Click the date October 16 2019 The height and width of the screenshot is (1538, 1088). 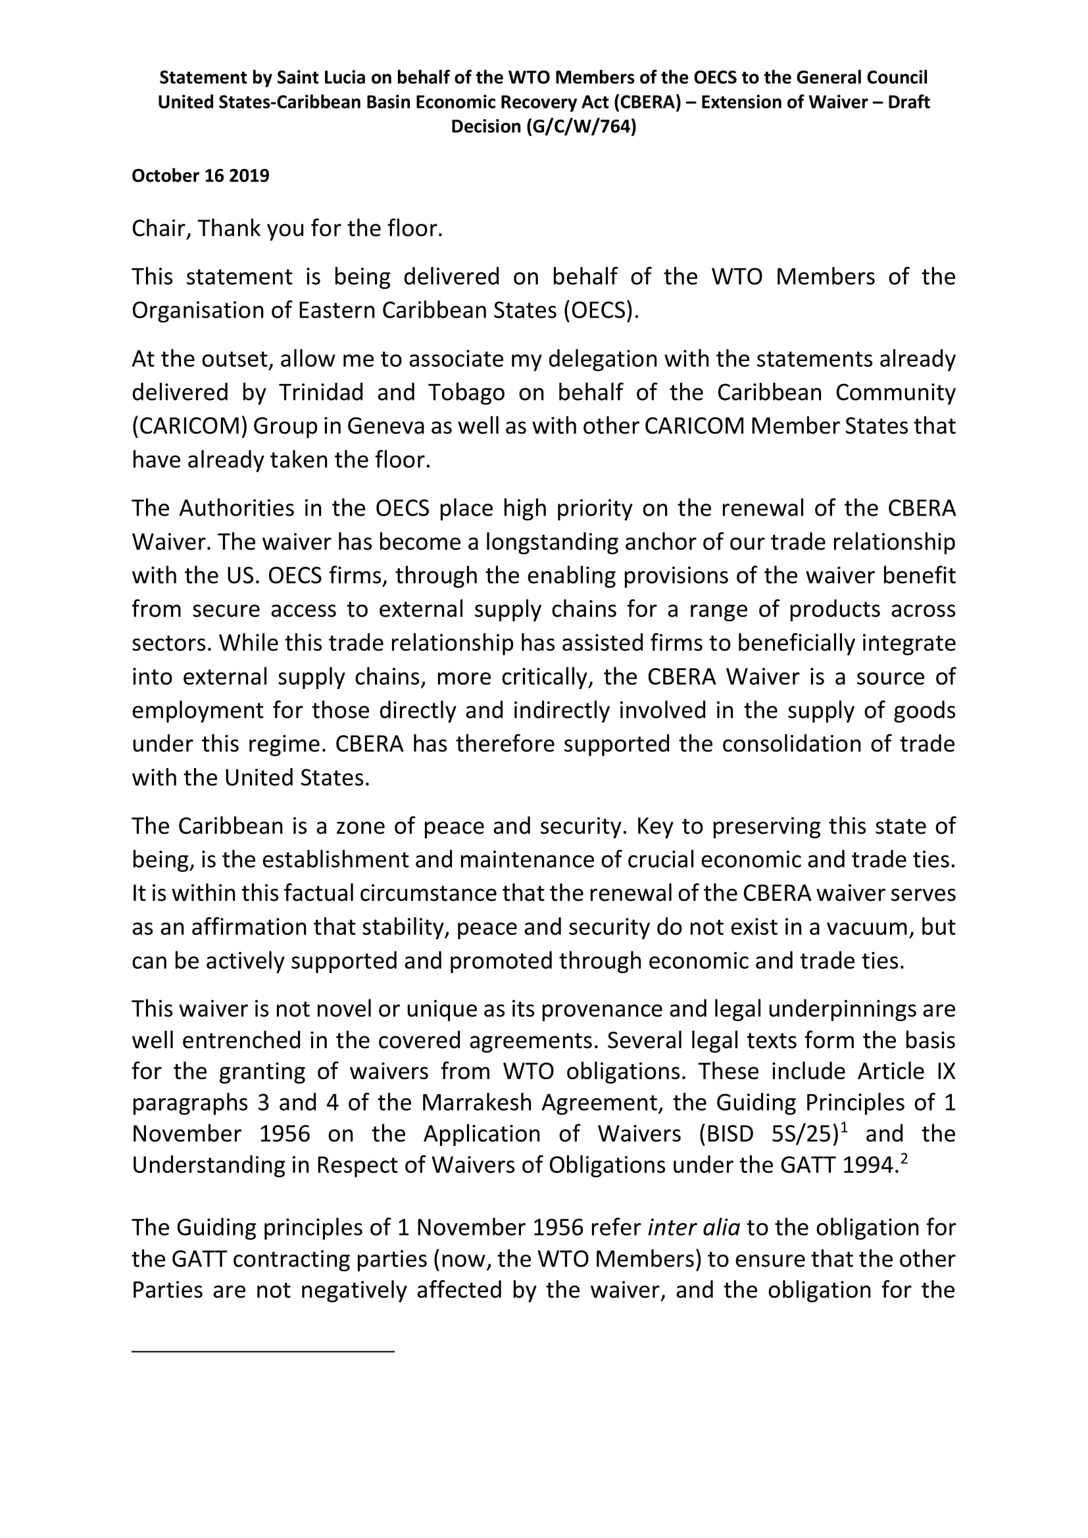tap(201, 176)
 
